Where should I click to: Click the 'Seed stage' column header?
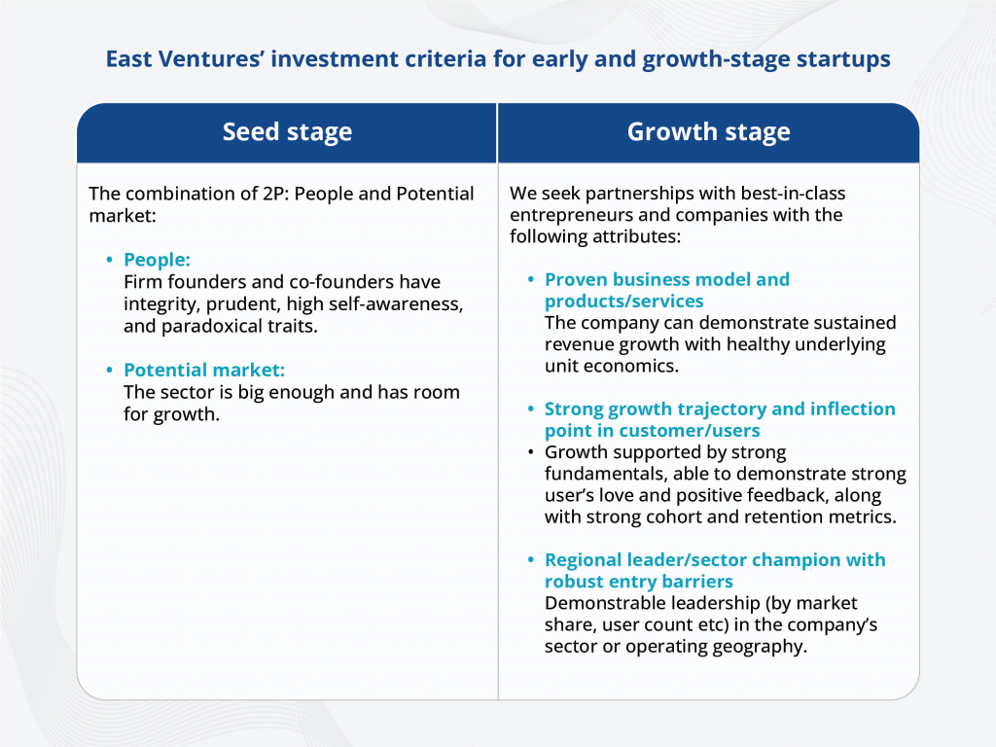287,132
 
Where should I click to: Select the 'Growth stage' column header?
708,132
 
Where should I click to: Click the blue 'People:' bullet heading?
157,260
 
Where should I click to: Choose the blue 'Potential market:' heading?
203,370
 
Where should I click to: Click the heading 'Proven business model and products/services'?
666,290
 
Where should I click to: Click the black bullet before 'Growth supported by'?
530,453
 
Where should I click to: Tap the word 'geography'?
761,646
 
